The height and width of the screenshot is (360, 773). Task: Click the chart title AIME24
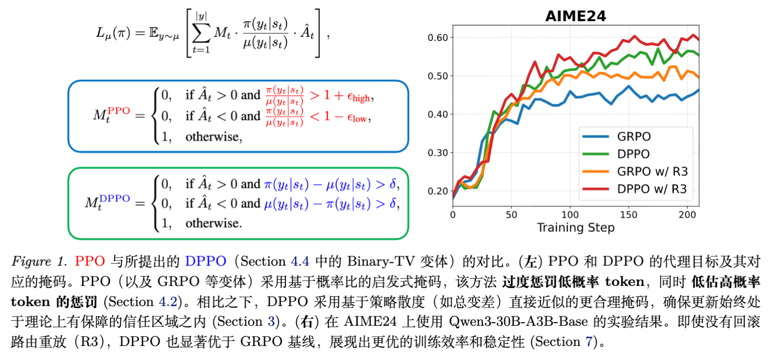click(575, 16)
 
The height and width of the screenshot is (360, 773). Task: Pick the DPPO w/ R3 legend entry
click(652, 189)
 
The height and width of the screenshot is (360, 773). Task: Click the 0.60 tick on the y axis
click(438, 37)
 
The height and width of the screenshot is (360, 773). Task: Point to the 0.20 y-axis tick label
click(438, 191)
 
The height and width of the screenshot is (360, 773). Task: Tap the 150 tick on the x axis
click(629, 214)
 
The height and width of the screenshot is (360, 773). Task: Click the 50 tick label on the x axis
click(512, 214)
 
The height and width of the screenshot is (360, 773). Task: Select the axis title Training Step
click(575, 227)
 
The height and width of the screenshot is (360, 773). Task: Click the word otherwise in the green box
click(213, 223)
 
